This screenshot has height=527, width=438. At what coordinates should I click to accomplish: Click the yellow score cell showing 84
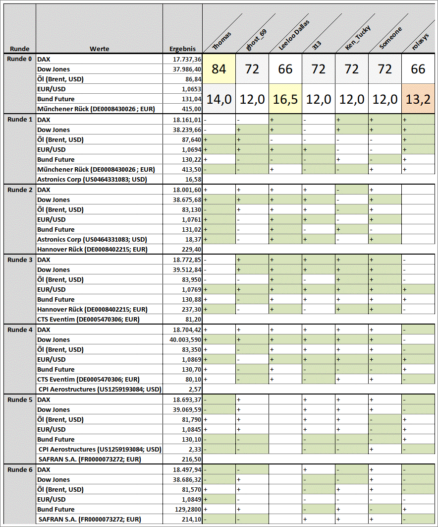[219, 69]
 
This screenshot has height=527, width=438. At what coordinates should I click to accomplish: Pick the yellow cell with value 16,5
[285, 99]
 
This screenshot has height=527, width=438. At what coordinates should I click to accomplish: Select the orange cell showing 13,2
[418, 99]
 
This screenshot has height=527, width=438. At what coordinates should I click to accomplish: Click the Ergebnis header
[182, 49]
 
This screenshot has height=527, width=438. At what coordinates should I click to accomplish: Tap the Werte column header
[100, 49]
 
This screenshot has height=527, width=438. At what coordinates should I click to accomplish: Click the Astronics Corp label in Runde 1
[92, 179]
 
